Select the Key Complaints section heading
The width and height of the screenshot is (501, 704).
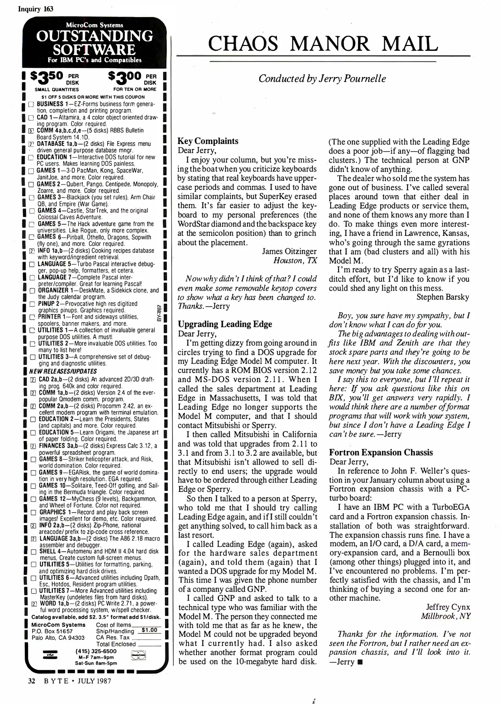[208, 141]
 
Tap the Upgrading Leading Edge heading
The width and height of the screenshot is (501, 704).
[225, 324]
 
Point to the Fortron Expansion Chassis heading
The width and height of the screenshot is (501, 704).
[381, 452]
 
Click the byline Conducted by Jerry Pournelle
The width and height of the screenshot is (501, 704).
[322, 79]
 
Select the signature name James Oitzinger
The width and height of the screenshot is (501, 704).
[289, 251]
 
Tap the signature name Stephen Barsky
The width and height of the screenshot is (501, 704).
[443, 297]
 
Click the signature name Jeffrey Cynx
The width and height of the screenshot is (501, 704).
[448, 607]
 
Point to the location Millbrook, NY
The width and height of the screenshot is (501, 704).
[446, 616]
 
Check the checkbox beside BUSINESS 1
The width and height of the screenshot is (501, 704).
[31, 105]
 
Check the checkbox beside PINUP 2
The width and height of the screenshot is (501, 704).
[32, 304]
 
